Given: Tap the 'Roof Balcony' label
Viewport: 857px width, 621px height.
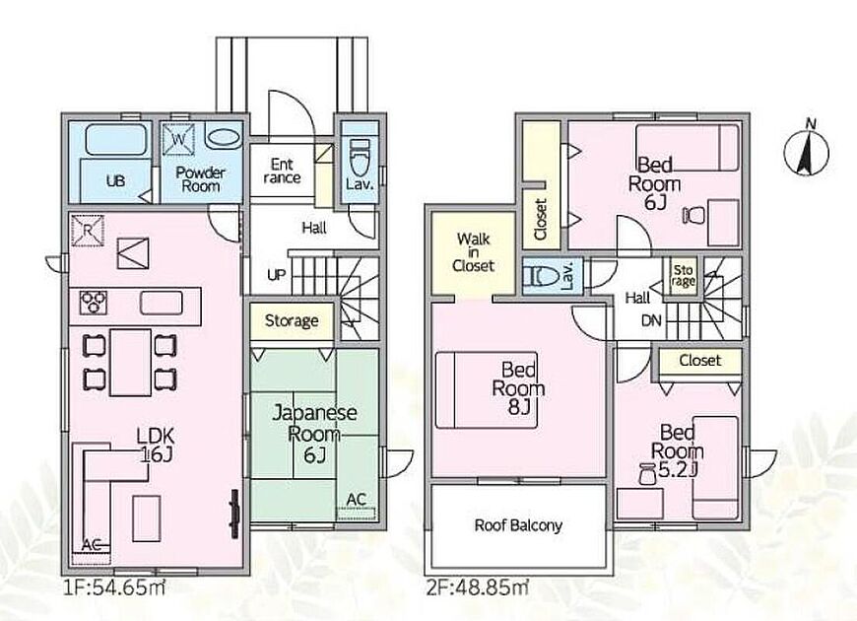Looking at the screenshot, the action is (518, 525).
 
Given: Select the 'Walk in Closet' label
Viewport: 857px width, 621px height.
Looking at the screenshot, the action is (473, 252).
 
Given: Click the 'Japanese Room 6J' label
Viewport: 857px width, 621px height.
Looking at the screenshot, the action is (314, 434).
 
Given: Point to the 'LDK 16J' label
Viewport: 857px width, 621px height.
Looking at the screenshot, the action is (156, 445).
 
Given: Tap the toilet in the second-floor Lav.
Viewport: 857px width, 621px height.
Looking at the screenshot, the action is (541, 276).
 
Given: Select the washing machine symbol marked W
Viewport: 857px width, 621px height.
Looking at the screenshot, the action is (178, 139).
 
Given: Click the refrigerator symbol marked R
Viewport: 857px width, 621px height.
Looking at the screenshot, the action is (88, 231).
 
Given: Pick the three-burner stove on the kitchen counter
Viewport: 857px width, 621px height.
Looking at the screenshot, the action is (94, 303).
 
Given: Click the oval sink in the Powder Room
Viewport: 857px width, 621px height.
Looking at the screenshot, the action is (224, 138).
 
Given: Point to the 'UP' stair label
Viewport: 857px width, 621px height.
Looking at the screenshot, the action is (277, 275).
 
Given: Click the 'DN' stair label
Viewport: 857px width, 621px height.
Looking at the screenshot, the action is (651, 320).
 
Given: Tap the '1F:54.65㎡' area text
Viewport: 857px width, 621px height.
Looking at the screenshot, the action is (114, 587).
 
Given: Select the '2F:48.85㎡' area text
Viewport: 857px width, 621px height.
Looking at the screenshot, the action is (477, 587).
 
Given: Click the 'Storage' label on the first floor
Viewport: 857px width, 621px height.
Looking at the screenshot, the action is (292, 320).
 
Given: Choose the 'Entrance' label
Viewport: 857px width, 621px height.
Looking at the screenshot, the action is (282, 171).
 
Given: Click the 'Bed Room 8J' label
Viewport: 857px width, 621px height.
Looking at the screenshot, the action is (519, 388).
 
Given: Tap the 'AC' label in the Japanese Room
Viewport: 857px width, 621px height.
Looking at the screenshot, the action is (356, 500).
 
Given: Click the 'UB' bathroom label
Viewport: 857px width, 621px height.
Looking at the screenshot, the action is (115, 180).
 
